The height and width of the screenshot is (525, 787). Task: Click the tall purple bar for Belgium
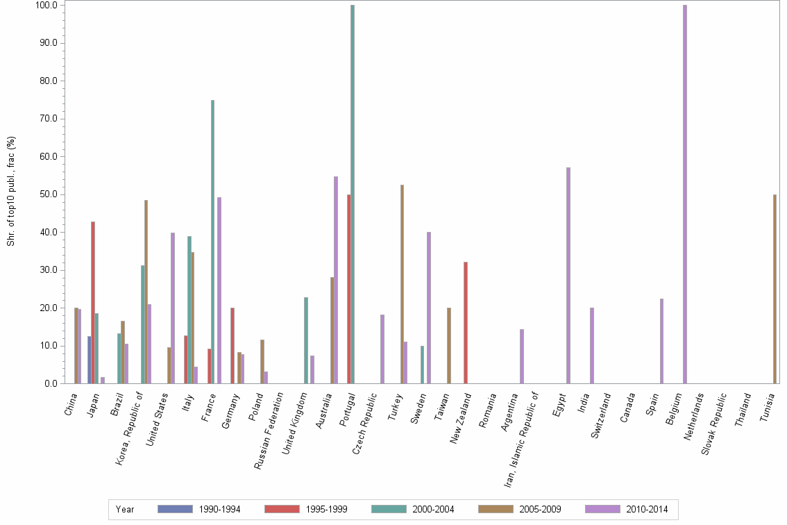pos(685,194)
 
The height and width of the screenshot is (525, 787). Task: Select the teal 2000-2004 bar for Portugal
pos(353,194)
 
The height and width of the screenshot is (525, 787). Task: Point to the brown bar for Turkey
pos(402,284)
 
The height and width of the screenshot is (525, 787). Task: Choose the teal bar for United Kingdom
pos(306,340)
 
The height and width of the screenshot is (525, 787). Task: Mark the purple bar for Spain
pos(662,341)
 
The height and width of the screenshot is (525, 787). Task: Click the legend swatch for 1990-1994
pos(175,509)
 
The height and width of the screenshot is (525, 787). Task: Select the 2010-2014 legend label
pos(646,510)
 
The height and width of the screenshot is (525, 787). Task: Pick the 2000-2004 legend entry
pos(433,510)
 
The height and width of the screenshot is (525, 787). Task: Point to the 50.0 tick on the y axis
pos(50,194)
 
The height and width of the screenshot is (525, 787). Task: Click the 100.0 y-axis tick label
pos(48,6)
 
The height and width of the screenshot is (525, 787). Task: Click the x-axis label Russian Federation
pos(269,431)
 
